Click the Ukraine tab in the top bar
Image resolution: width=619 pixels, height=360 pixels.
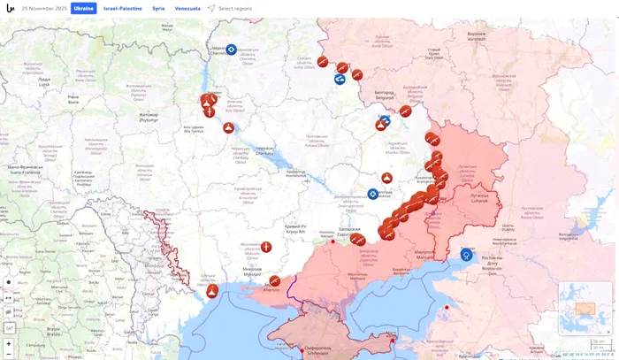point(83,8)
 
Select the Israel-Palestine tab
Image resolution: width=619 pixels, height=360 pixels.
point(122,8)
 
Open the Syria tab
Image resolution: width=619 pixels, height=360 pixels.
point(158,8)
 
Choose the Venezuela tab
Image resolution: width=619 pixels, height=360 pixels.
point(187,8)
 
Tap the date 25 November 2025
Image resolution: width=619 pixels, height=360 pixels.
point(43,8)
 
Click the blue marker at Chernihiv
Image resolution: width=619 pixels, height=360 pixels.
point(231,50)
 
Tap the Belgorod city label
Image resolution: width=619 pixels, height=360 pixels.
point(385,94)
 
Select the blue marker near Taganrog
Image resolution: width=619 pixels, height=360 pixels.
point(466,255)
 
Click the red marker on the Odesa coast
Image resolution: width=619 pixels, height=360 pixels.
point(212,290)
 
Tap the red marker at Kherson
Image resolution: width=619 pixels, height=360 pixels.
point(275,281)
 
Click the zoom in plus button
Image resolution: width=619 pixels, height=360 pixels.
point(9,343)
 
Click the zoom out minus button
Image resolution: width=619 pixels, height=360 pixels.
point(9,354)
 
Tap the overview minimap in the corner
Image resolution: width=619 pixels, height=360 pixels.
point(583,309)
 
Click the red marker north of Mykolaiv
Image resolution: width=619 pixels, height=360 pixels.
point(266,247)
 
